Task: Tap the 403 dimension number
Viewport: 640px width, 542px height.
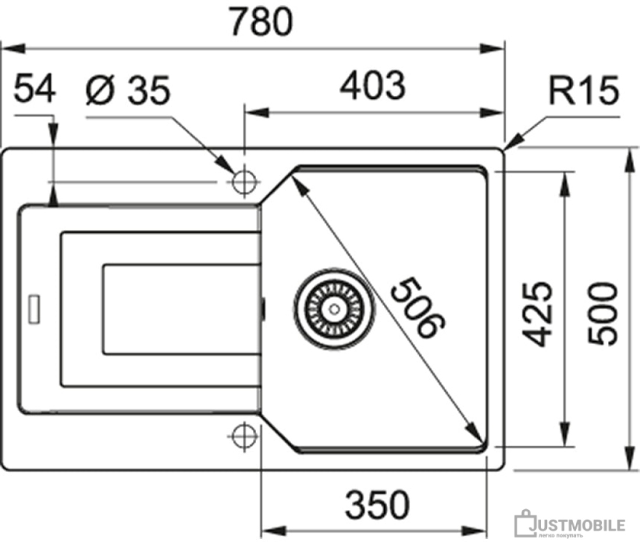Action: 372,86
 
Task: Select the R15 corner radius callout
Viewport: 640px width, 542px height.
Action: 584,90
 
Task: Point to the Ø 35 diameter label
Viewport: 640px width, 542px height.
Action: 128,90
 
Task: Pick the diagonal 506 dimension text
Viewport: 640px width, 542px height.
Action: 418,307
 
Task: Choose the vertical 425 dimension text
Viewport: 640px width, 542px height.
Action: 538,314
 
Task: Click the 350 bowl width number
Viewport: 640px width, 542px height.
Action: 377,504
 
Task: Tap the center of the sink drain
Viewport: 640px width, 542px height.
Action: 334,309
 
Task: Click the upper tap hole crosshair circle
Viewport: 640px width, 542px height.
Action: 244,181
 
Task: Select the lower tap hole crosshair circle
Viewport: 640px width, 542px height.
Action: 244,436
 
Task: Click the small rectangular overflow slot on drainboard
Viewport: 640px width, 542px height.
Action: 34,309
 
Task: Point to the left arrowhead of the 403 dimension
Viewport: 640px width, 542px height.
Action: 257,112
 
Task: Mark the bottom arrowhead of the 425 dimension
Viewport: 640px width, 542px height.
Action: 565,434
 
